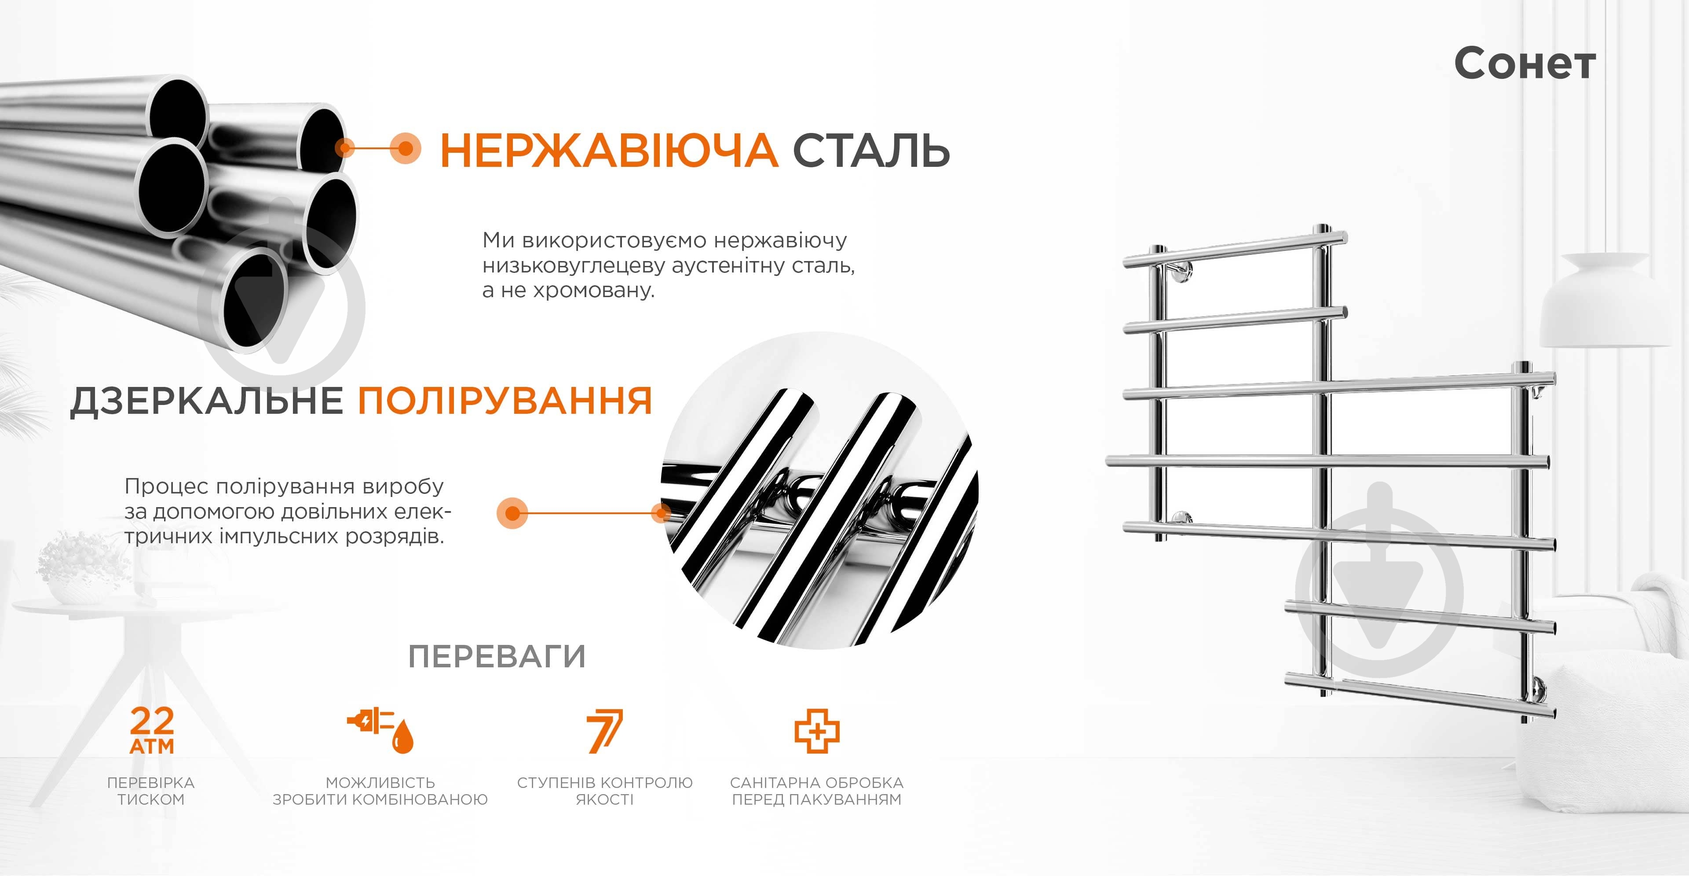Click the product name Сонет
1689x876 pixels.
[1525, 64]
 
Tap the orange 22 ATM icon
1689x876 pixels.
[152, 730]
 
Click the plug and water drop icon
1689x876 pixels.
[381, 730]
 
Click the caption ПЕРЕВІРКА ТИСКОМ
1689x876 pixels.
[151, 791]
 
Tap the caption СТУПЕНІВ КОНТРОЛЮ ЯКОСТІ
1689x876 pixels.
[604, 791]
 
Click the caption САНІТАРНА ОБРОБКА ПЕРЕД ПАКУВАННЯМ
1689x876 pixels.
[817, 791]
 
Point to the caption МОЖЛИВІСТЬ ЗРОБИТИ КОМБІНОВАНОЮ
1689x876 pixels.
[380, 791]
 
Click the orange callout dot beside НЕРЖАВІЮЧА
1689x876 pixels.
[405, 148]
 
